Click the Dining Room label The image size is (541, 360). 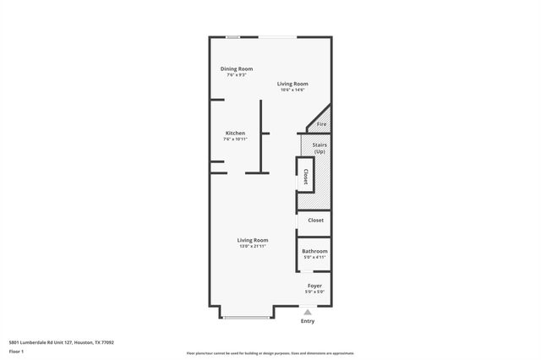237,68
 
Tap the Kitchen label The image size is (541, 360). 235,133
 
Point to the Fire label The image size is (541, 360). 321,124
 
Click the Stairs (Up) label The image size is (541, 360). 320,147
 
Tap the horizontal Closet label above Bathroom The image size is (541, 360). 314,221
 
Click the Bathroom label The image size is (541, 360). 314,251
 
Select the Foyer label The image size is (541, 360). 314,286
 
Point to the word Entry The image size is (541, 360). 308,321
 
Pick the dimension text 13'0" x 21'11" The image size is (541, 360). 252,246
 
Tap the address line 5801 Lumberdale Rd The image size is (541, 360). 61,342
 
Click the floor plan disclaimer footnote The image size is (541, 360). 270,353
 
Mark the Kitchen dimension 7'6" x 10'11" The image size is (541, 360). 235,139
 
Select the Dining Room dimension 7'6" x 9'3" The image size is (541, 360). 237,75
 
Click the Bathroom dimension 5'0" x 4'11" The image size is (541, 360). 314,257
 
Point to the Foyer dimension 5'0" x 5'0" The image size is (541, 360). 314,292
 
